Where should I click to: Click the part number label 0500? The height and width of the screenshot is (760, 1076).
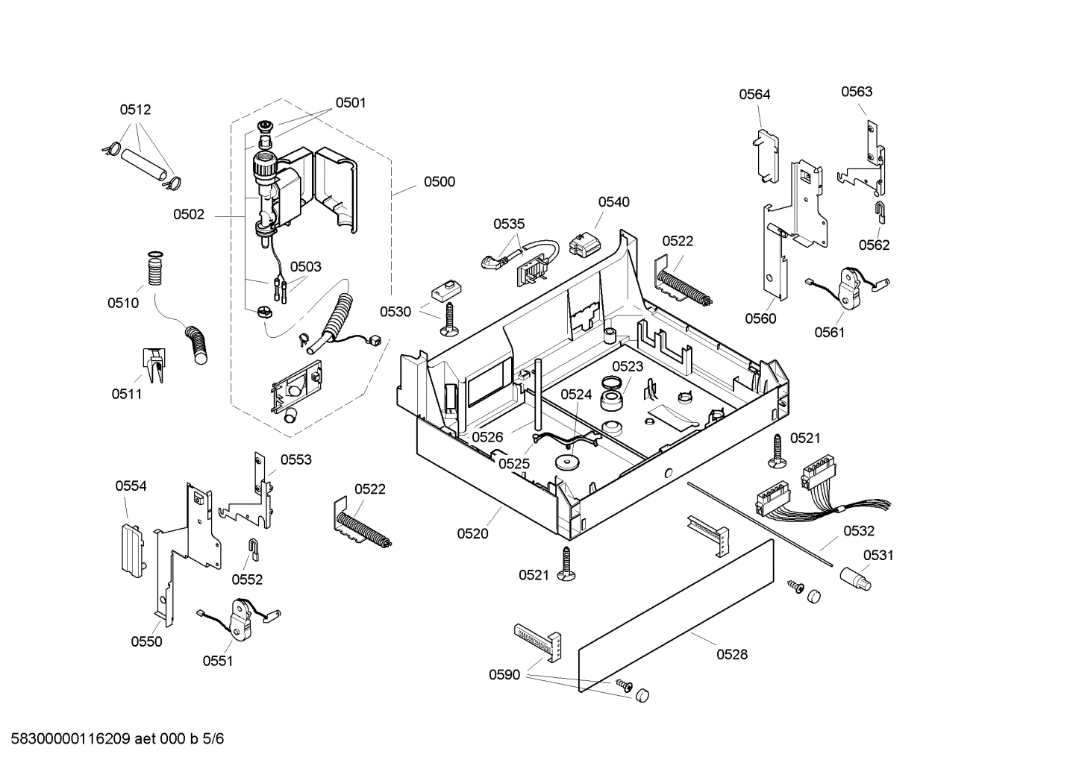[439, 182]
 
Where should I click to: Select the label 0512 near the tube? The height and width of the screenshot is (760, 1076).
[135, 110]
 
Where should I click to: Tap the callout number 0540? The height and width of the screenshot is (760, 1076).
[613, 202]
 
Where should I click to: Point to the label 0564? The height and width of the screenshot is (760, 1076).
[754, 95]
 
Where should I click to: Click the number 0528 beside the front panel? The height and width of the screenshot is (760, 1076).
[731, 655]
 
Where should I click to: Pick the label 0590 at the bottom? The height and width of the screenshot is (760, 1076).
[504, 675]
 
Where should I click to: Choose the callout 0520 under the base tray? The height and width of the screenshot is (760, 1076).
[472, 534]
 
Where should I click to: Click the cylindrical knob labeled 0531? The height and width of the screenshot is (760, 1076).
[855, 579]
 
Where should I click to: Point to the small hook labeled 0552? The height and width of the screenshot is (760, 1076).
[253, 549]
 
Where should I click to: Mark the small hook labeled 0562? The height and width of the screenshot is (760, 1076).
[880, 211]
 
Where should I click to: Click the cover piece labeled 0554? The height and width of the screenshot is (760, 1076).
[131, 547]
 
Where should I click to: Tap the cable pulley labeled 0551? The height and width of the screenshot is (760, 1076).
[240, 618]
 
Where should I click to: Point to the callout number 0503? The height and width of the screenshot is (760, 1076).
[305, 267]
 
